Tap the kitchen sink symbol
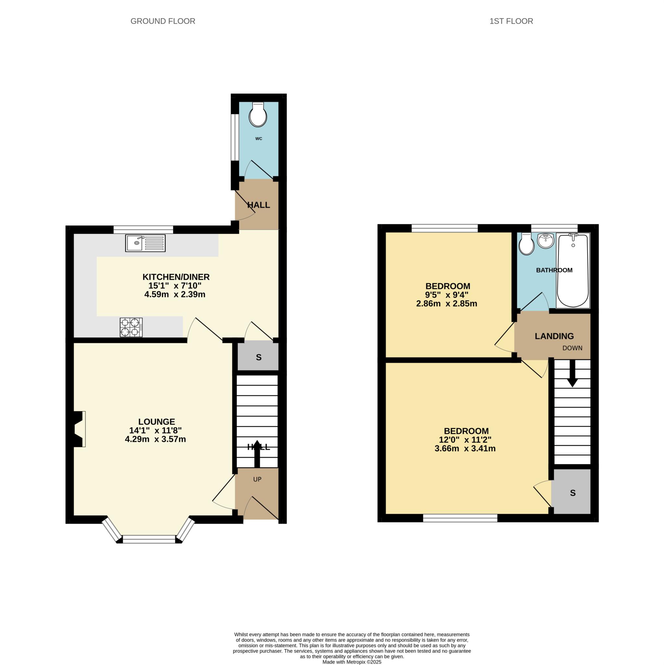point(145,243)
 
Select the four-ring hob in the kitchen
point(131,327)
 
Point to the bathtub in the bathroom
point(572,270)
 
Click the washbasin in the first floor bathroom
point(545,241)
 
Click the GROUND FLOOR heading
point(163,21)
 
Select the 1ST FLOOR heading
point(511,21)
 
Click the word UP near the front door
point(257,479)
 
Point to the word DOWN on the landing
point(572,348)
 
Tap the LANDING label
point(554,336)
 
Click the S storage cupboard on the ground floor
point(258,357)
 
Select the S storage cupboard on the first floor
point(572,493)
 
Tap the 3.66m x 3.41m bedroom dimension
point(465,448)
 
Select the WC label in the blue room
point(258,139)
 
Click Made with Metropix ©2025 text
point(351,662)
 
